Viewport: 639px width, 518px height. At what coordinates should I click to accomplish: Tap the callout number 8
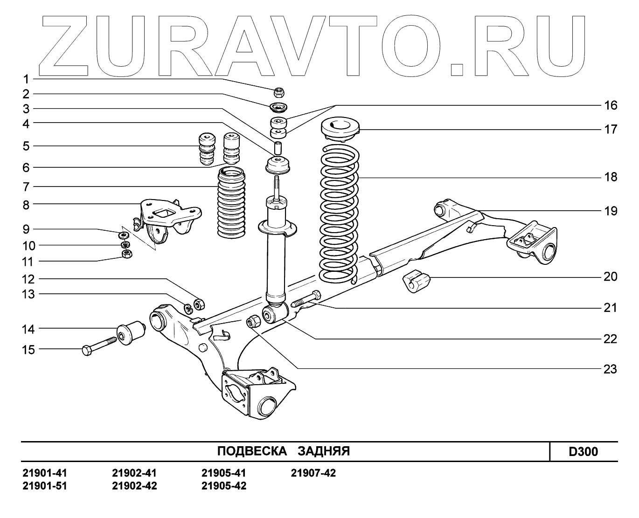(x=26, y=204)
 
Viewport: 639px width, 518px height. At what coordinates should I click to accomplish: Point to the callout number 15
(x=28, y=349)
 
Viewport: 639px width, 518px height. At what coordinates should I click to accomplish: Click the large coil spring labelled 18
(x=339, y=214)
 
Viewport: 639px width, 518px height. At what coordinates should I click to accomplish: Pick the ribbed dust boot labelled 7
(x=231, y=203)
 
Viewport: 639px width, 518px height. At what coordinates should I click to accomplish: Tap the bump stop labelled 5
(x=206, y=149)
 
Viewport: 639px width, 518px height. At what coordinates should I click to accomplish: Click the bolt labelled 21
(x=306, y=299)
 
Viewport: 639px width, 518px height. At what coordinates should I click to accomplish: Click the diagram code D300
(x=583, y=451)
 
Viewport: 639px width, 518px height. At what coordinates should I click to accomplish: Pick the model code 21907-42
(x=313, y=473)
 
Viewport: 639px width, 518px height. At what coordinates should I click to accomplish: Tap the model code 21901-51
(x=45, y=486)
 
